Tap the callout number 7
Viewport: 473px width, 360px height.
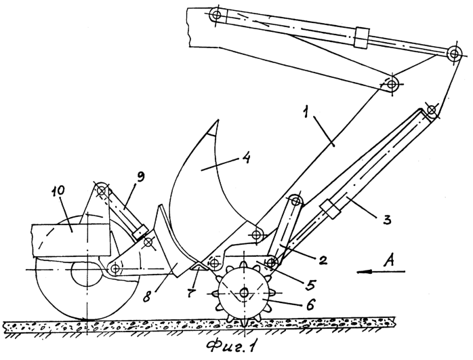point(192,292)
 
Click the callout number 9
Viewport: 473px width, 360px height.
point(140,178)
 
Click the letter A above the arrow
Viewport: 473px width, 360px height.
point(389,260)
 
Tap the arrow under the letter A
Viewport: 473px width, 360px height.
point(381,272)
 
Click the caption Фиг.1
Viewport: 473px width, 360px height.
point(231,347)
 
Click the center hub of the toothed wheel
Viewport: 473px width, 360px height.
point(244,292)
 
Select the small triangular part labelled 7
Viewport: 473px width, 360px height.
point(199,267)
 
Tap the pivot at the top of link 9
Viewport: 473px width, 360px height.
point(102,190)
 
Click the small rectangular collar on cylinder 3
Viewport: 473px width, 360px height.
point(330,209)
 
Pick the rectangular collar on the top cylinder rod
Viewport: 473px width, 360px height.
point(362,37)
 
